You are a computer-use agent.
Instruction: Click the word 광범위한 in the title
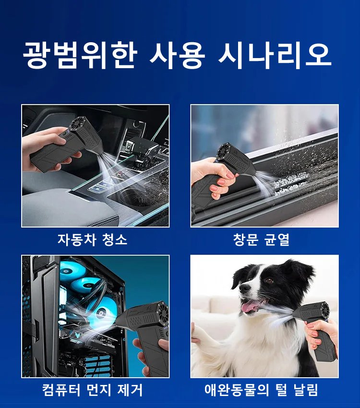pyautogui.click(x=79, y=55)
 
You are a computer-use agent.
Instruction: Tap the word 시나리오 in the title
pyautogui.click(x=275, y=55)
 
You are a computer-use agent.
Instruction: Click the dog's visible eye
pyautogui.click(x=268, y=280)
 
